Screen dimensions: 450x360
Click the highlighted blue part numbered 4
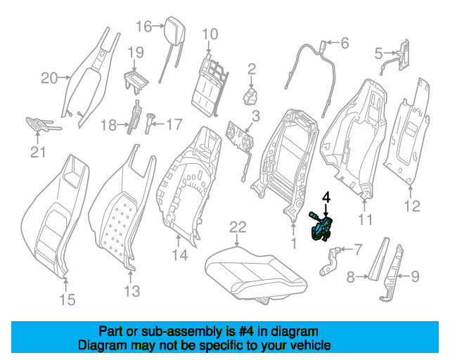tap(321, 229)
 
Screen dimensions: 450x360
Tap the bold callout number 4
tap(326, 197)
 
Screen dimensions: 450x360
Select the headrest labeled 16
tap(172, 49)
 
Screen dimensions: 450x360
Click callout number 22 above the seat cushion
tap(238, 227)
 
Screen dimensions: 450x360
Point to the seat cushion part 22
tap(256, 274)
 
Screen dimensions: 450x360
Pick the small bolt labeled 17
tap(149, 124)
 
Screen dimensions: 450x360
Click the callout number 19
tap(136, 52)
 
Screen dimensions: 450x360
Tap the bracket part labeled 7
tap(330, 261)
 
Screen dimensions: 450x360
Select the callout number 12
tap(412, 206)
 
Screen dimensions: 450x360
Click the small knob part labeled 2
tap(250, 96)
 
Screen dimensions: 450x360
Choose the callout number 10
tap(210, 34)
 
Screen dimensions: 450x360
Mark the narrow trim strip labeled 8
tap(379, 258)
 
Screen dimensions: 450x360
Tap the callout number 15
tap(67, 300)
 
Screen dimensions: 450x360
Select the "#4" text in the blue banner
tap(246, 332)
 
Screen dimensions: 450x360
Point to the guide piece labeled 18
tap(134, 117)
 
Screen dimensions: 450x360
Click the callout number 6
tap(345, 43)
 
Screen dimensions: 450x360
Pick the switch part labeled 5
tap(403, 56)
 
